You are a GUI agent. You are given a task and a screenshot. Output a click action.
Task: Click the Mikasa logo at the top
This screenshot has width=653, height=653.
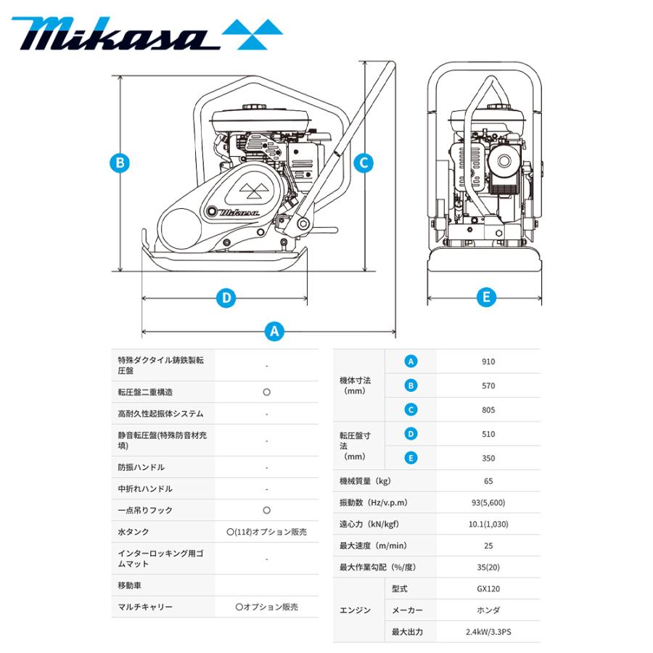click(146, 33)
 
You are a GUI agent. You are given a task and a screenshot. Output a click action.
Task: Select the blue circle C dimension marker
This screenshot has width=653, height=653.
click(364, 163)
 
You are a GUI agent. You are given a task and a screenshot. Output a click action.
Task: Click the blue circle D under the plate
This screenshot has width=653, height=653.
click(226, 297)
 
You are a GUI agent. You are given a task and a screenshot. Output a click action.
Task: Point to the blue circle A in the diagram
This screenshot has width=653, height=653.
click(274, 331)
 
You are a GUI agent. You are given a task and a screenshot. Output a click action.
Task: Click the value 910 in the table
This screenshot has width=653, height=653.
click(488, 361)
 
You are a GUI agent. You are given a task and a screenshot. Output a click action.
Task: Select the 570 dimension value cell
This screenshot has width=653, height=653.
click(488, 386)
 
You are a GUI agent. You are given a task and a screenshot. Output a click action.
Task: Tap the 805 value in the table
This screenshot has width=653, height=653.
click(488, 410)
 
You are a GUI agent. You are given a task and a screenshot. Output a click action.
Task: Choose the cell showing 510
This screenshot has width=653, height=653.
click(488, 434)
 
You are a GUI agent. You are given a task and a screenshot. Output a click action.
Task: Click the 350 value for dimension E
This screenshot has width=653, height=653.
click(488, 458)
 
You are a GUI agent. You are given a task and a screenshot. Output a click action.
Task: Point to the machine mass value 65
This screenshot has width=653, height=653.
click(488, 481)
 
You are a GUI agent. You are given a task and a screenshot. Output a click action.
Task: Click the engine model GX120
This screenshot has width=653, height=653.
click(488, 589)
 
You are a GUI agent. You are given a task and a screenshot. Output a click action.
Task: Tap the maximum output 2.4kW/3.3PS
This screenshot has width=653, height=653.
click(488, 631)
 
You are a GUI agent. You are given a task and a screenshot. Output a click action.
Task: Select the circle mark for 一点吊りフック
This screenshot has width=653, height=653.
click(266, 510)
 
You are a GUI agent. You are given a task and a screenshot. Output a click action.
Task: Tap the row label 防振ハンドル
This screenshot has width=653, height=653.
click(141, 467)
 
